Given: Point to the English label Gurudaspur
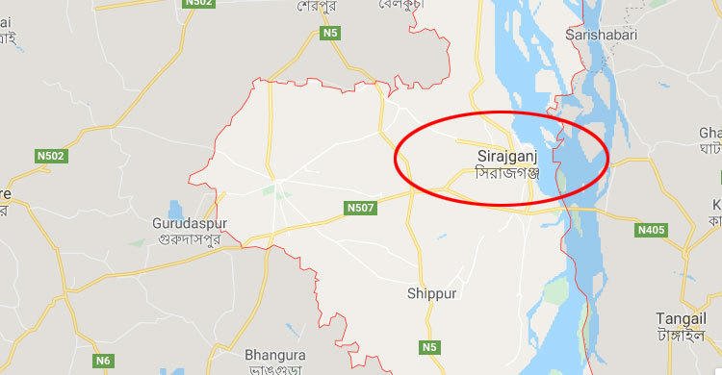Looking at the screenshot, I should (x=192, y=223).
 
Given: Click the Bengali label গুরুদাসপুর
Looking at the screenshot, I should (x=192, y=239).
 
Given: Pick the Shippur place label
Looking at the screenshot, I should (x=431, y=293).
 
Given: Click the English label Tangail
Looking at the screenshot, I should (x=681, y=318).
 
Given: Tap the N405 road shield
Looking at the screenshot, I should (x=652, y=230).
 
